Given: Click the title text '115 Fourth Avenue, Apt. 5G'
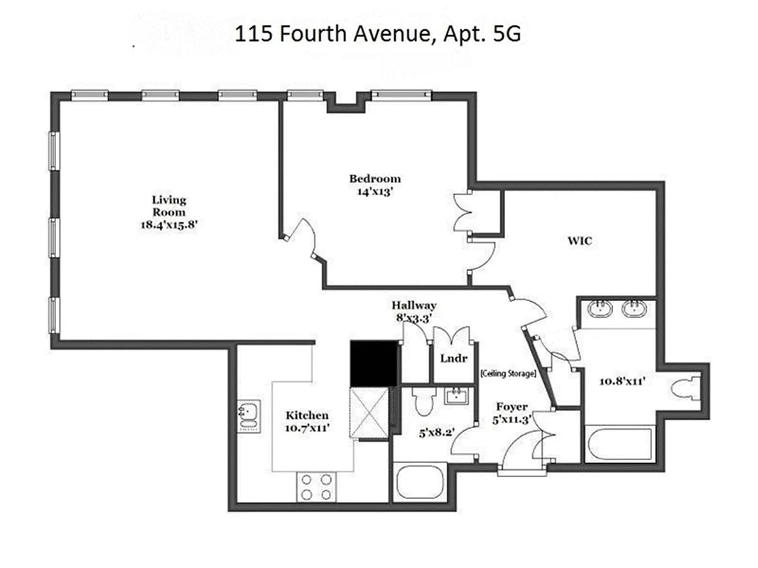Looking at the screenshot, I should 378,33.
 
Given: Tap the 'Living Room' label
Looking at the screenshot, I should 169,206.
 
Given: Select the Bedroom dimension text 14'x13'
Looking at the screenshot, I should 374,191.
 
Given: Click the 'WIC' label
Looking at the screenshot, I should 580,241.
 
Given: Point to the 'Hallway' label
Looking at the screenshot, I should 414,305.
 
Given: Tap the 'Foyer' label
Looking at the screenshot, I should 511,407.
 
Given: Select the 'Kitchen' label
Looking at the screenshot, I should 307,415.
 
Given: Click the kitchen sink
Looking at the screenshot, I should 249,415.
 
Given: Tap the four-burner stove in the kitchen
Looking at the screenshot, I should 316,487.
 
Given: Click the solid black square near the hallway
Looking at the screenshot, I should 374,364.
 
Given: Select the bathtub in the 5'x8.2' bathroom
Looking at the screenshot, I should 420,482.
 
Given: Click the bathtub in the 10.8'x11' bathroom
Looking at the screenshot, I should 620,444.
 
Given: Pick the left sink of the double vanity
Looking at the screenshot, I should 601,309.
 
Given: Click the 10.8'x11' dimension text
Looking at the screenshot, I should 622,381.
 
